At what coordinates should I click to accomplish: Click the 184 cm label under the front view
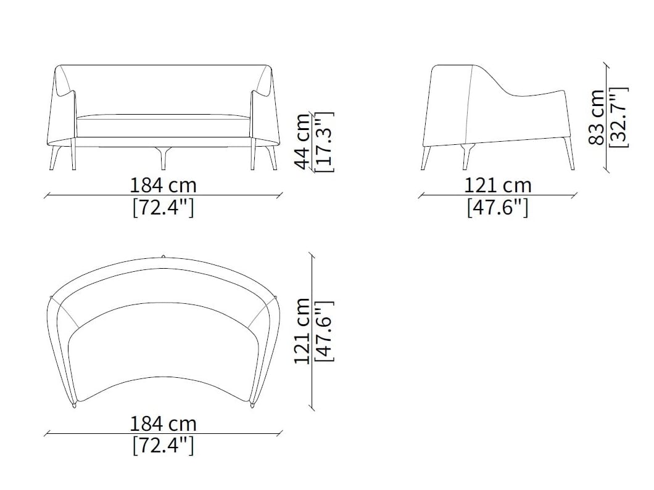163,185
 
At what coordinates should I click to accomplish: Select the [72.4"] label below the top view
163,445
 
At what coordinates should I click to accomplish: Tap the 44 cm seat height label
302,141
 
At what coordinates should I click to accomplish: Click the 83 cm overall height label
596,117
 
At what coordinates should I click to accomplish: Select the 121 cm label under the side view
497,185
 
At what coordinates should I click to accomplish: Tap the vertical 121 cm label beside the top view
302,331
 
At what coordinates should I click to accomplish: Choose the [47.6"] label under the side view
497,208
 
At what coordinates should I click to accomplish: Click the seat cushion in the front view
163,126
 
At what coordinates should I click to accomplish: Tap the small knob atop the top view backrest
163,256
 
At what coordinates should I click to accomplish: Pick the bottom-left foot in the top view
74,404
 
